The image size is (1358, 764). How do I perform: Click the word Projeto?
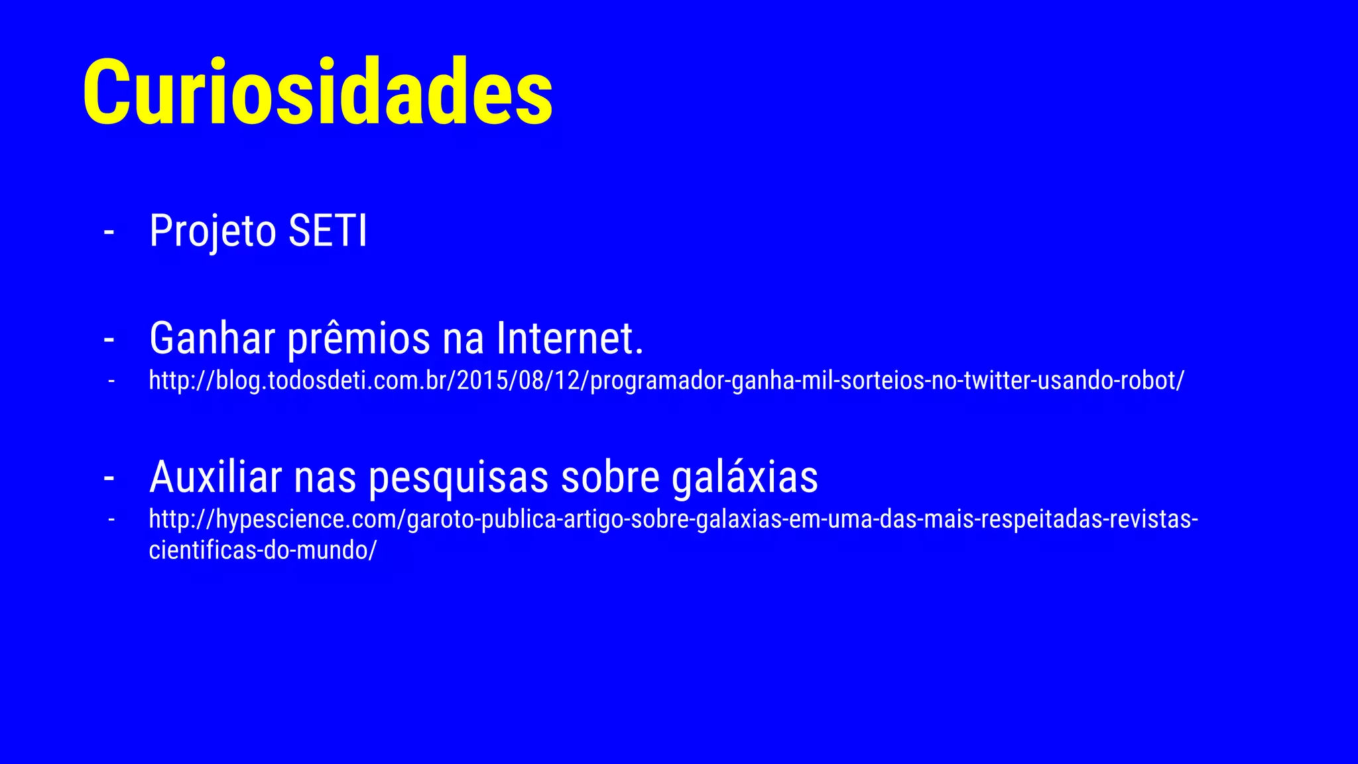point(212,231)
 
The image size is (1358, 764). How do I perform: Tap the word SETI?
point(328,231)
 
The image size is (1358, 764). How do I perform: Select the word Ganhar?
point(212,338)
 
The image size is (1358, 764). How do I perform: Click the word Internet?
point(570,338)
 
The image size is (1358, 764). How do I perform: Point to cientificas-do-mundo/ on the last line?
point(263,550)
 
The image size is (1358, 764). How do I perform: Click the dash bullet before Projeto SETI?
point(109,232)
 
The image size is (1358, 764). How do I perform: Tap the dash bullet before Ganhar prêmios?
point(109,340)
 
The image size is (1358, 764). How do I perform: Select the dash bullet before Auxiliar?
point(109,477)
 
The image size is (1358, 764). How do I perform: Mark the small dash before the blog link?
point(111,381)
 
